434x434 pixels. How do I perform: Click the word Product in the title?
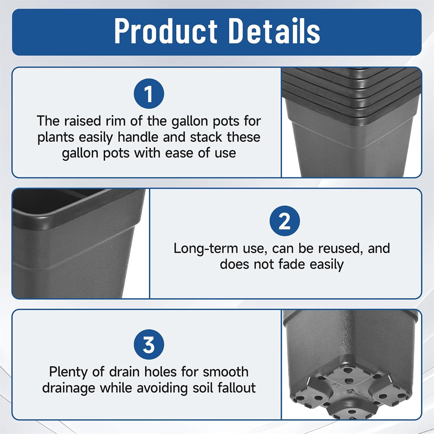(x=166, y=31)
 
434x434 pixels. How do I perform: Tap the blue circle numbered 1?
(x=149, y=94)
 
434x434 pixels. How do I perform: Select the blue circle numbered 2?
(x=285, y=221)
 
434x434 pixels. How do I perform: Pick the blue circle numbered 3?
(x=149, y=345)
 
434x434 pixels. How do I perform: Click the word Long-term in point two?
(x=206, y=249)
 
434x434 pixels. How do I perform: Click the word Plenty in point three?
(x=68, y=372)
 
